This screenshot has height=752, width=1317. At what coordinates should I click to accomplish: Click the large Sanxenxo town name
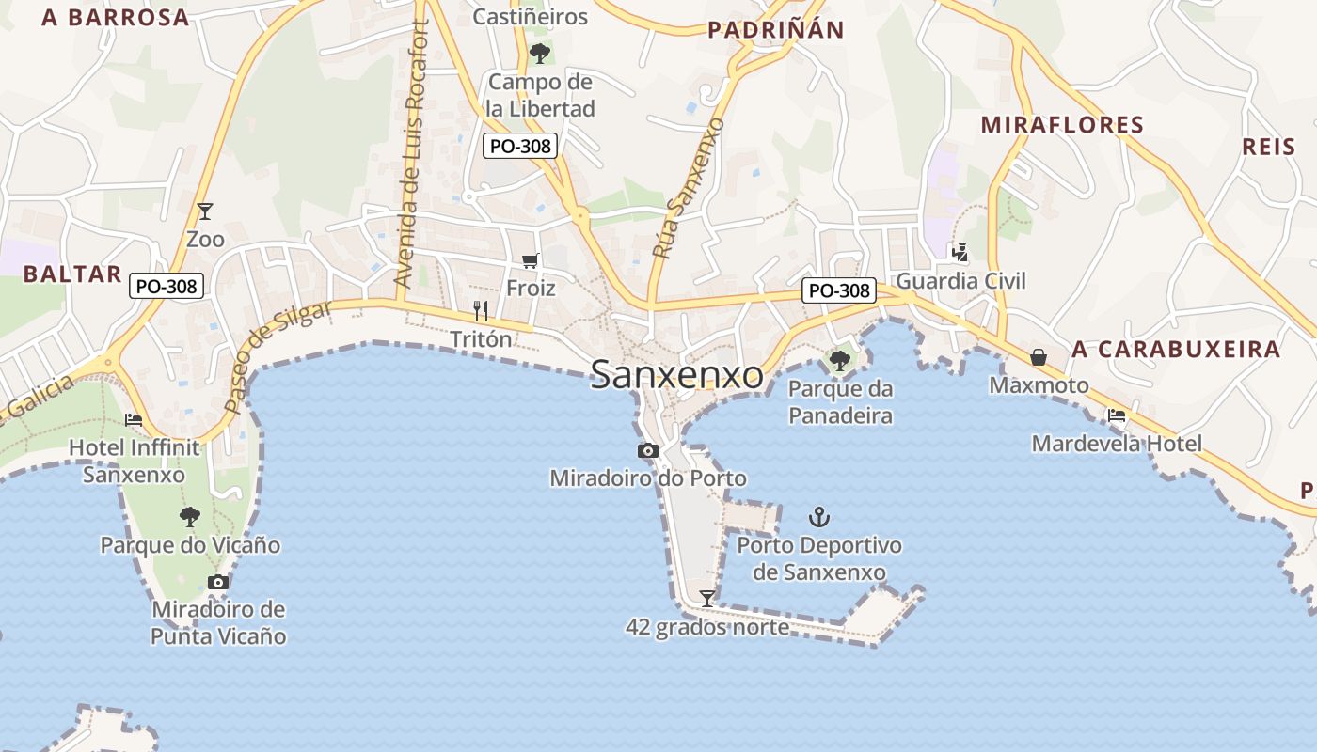[x=676, y=375]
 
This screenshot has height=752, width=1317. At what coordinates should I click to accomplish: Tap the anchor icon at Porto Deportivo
[x=819, y=517]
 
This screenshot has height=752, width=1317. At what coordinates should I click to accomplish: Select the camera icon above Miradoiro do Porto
[x=647, y=451]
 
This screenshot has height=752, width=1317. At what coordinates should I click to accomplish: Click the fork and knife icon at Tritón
[x=481, y=311]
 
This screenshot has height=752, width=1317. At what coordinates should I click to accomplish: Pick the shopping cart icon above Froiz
[x=531, y=260]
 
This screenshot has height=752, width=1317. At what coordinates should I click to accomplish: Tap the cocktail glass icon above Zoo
[x=205, y=211]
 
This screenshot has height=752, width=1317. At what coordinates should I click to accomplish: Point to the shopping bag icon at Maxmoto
[x=1039, y=357]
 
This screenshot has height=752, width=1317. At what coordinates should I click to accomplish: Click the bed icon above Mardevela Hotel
[x=1117, y=415]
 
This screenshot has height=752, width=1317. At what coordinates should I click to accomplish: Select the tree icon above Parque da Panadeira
[x=839, y=360]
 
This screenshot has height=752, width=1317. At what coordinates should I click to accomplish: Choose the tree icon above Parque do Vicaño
[x=190, y=516]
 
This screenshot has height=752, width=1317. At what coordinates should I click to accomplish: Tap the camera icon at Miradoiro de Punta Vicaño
[x=218, y=582]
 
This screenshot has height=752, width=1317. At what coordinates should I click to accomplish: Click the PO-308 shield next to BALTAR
[x=167, y=287]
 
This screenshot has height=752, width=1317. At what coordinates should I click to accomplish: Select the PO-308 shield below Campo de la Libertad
[x=520, y=146]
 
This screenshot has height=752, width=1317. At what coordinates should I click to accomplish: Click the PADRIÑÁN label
[x=776, y=30]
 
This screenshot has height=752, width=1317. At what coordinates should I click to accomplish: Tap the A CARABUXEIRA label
[x=1176, y=350]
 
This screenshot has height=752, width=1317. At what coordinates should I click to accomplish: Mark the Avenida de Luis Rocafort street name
[x=414, y=155]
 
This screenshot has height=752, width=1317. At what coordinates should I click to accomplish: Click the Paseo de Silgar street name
[x=278, y=357]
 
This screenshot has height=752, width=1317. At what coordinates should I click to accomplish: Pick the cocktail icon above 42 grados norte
[x=706, y=598]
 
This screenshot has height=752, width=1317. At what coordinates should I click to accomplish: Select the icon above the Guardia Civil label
[x=960, y=252]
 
